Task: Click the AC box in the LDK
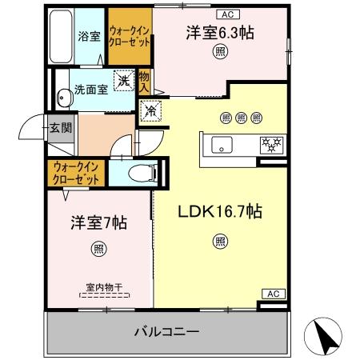point(271,294)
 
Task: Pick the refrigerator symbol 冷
point(150,113)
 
